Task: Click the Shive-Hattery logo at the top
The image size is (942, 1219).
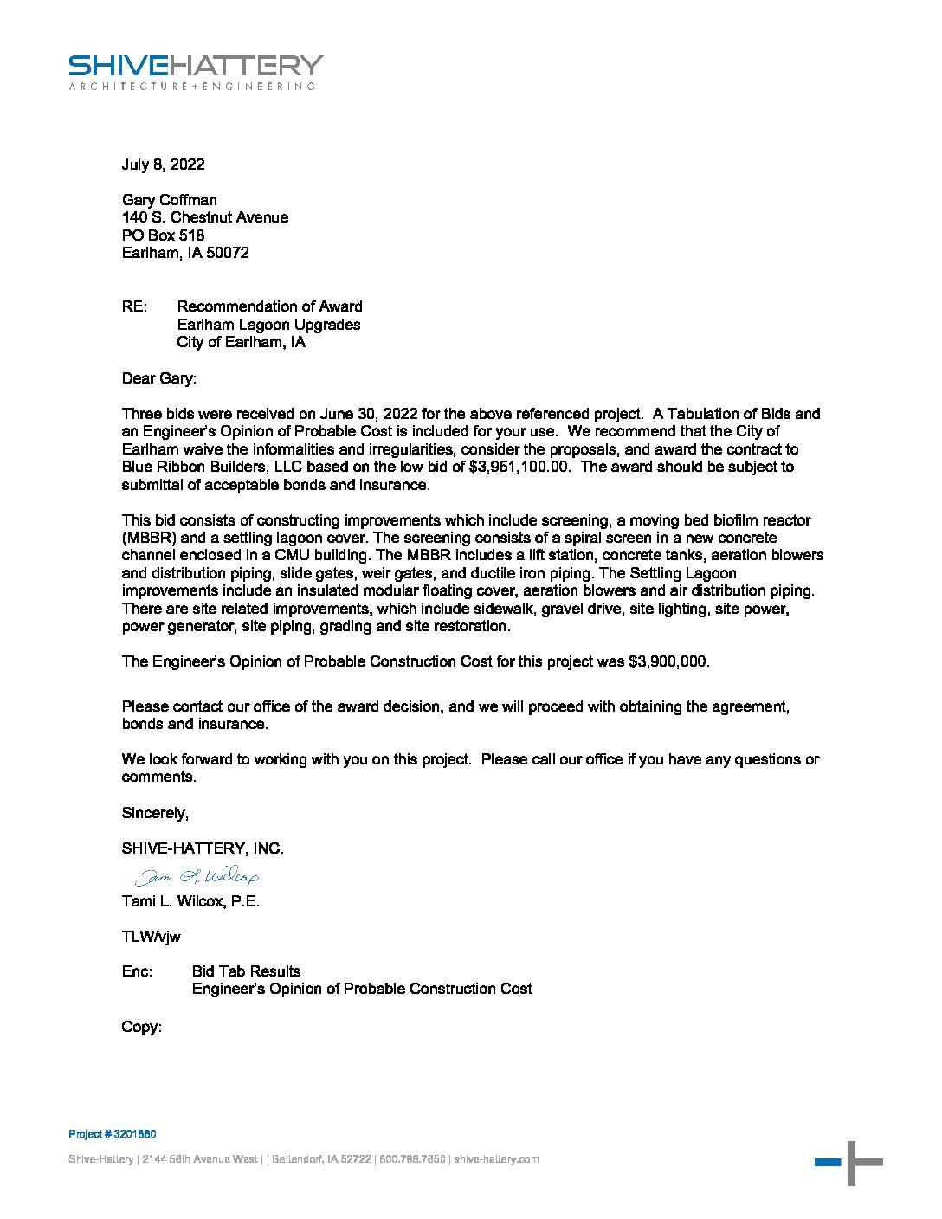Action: click(x=196, y=72)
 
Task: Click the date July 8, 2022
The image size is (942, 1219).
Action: click(x=163, y=164)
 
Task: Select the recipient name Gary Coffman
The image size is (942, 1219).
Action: click(x=170, y=200)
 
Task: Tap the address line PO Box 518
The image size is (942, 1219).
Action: click(x=163, y=235)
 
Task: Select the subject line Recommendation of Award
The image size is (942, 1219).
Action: click(x=269, y=306)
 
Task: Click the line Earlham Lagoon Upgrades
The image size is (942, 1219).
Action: click(x=268, y=325)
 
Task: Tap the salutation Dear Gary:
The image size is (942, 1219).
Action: click(x=159, y=378)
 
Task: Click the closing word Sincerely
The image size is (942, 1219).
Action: click(x=154, y=813)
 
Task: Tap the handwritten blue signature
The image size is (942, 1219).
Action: click(x=197, y=877)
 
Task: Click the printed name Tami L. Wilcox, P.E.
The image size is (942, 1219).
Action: click(x=190, y=901)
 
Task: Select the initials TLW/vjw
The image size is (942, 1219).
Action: click(x=151, y=937)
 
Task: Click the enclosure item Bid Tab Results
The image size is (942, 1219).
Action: click(x=246, y=971)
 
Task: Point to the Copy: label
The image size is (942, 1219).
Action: click(x=141, y=1028)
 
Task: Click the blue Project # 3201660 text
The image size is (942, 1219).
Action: click(x=113, y=1134)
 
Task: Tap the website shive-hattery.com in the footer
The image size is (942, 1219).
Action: click(x=496, y=1159)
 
